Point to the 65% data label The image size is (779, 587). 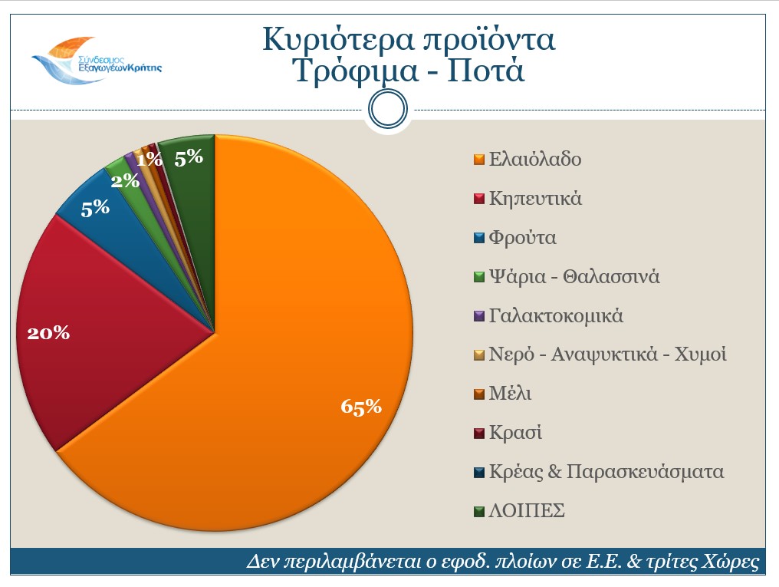(x=361, y=407)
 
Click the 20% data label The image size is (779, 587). (x=48, y=333)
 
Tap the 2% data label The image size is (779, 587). (x=124, y=181)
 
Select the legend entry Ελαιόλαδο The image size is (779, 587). (x=534, y=160)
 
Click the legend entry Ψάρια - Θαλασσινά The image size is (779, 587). (x=574, y=276)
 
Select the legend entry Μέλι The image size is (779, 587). (x=510, y=394)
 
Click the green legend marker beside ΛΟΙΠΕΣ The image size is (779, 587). (x=478, y=511)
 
